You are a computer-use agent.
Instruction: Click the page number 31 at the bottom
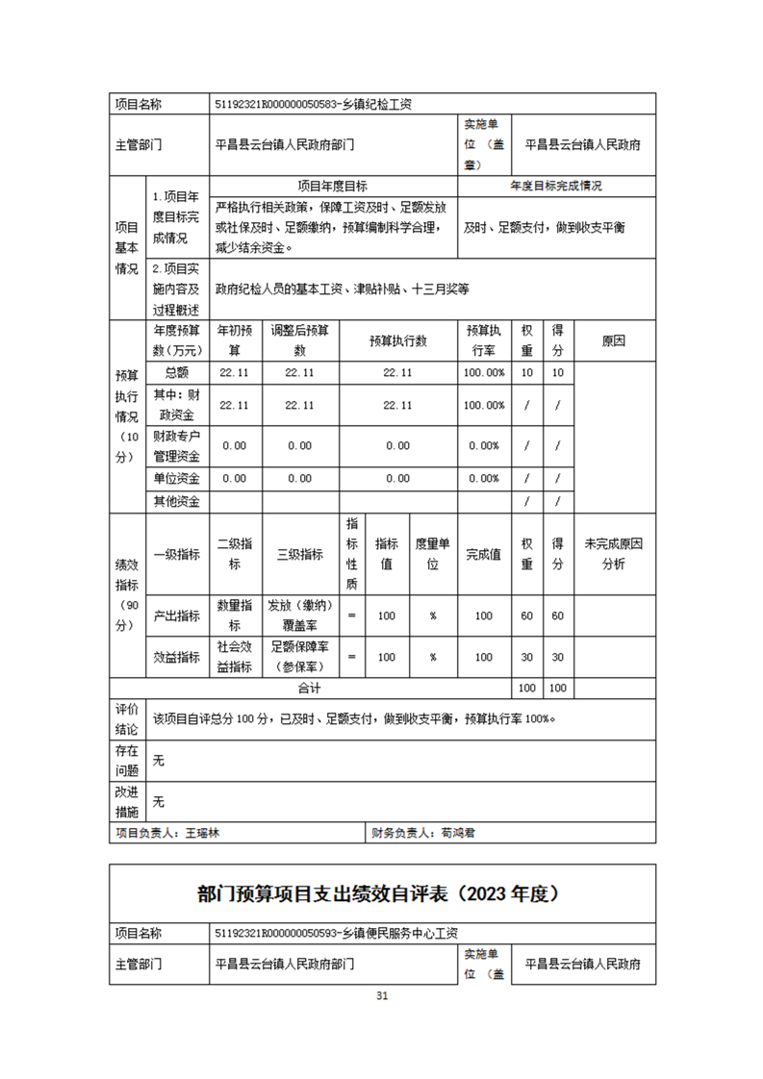(381, 995)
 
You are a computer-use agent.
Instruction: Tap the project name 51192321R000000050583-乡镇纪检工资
(316, 104)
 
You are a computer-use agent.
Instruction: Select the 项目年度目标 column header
(332, 186)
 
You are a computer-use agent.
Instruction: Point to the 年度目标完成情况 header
(556, 186)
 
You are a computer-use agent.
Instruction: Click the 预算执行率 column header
(482, 340)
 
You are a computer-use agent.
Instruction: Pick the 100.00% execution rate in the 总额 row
(483, 373)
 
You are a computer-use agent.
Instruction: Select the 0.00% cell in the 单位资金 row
(483, 478)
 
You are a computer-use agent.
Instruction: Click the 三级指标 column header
(299, 555)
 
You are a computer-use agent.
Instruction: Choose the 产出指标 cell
(177, 615)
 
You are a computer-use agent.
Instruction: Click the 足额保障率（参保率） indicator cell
(299, 658)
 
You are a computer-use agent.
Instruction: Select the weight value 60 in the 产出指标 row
(526, 615)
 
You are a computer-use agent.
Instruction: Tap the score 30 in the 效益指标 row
(557, 658)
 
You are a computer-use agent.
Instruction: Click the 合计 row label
(309, 689)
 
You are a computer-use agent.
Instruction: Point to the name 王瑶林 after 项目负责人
(202, 834)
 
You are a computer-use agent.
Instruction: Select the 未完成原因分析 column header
(613, 555)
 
